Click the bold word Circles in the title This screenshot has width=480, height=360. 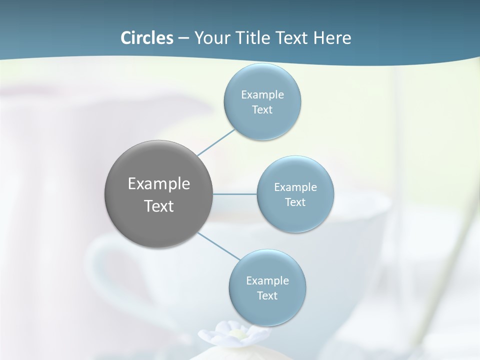tap(146, 38)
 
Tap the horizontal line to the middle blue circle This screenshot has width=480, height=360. tap(235, 194)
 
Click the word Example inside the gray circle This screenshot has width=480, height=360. tap(158, 184)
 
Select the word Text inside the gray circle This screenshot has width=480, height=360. tap(158, 206)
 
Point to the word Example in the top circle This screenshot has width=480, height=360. tap(262, 95)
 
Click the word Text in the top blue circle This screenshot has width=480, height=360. tap(262, 110)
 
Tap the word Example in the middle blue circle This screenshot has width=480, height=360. tap(295, 187)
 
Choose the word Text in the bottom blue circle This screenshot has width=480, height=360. tap(267, 296)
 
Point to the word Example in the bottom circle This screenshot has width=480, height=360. tap(267, 281)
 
